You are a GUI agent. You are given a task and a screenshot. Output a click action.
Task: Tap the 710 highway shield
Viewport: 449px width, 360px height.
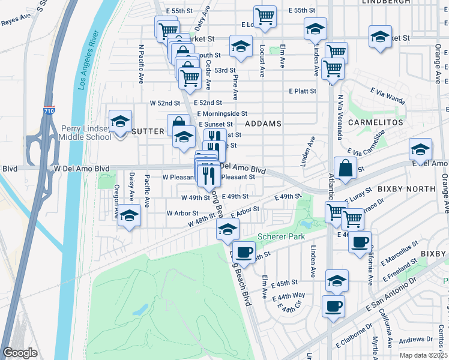[x=49, y=112]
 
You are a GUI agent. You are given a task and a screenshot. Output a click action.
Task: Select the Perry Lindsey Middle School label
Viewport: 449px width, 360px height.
[x=86, y=133]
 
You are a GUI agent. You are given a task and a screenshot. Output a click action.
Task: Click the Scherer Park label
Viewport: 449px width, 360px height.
[x=278, y=236]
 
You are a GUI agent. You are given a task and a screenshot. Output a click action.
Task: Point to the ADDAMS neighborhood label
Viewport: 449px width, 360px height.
[x=263, y=124]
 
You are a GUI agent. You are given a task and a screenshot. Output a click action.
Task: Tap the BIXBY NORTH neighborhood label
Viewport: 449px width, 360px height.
[x=405, y=188]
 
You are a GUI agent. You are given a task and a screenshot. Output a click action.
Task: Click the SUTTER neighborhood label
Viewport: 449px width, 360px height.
[x=148, y=131]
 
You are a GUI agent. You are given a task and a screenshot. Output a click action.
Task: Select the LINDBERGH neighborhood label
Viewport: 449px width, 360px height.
[x=387, y=2]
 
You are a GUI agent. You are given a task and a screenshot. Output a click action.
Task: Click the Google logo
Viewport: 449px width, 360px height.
[x=20, y=353]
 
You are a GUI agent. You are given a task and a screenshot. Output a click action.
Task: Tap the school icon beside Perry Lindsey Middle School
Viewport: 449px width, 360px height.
[x=120, y=122]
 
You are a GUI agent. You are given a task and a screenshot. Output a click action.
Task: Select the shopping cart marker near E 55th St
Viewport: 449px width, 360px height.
[x=265, y=17]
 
